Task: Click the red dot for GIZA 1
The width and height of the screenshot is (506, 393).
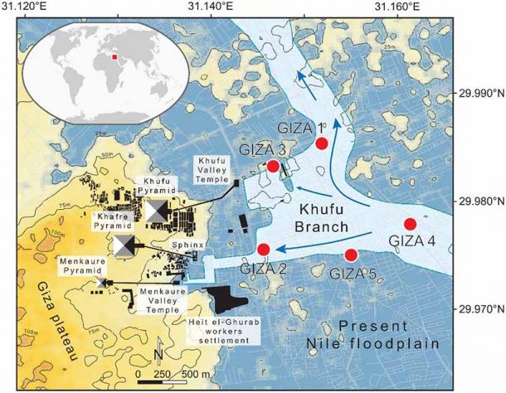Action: [x=322, y=143]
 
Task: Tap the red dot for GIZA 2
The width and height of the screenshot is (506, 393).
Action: [x=264, y=250]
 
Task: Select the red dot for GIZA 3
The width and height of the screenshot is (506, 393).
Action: [x=272, y=166]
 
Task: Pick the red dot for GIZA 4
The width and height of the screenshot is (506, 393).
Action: [x=410, y=224]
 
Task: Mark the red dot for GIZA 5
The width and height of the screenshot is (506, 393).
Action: [x=351, y=255]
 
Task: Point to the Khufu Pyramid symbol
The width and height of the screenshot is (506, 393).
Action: [x=156, y=211]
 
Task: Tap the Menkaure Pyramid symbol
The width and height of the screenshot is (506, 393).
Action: [x=102, y=283]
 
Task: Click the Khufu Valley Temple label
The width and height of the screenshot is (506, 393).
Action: [x=210, y=169]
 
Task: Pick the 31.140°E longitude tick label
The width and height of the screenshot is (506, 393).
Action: [x=219, y=7]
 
